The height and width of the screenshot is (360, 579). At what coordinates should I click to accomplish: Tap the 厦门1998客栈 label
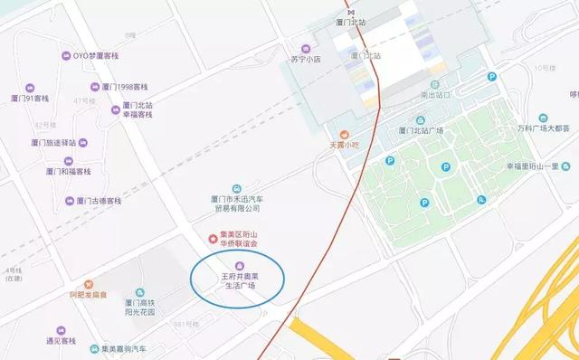coord(125,87)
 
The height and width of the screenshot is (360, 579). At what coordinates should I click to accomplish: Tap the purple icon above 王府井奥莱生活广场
coord(240,264)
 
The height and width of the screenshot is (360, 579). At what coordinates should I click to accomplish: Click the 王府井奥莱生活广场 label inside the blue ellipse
coord(240,280)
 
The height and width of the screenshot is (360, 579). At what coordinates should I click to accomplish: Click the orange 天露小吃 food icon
coord(345,133)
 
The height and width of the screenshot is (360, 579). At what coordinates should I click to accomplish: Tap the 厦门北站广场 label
coord(420,130)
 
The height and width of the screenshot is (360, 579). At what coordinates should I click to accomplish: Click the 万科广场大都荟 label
coord(541,128)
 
